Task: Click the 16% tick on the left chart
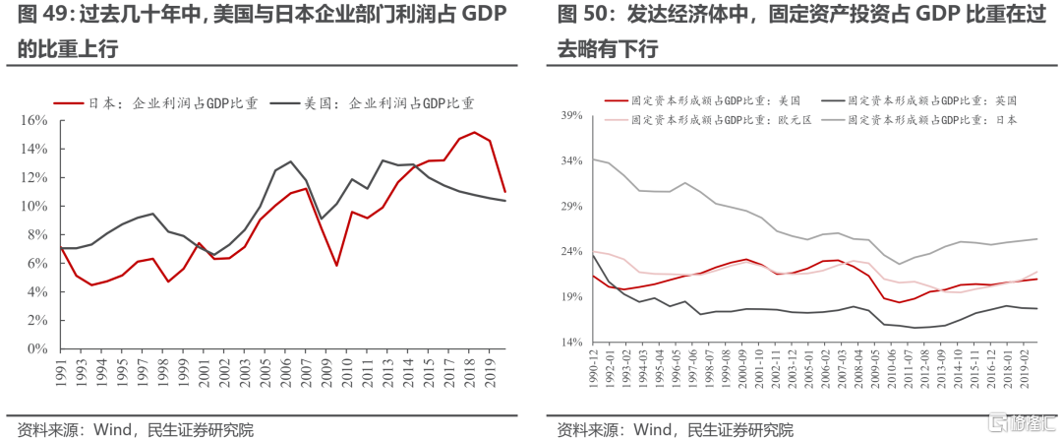tap(34, 121)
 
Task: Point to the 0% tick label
tap(38, 349)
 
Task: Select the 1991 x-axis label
tap(61, 372)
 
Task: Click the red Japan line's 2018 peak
tap(475, 132)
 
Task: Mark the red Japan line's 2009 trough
tap(337, 266)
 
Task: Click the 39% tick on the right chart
tap(572, 115)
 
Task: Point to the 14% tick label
tap(572, 342)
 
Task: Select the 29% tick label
tap(572, 206)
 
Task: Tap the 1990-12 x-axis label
tap(593, 372)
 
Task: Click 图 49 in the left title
tap(39, 16)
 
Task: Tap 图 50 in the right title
tap(579, 16)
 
